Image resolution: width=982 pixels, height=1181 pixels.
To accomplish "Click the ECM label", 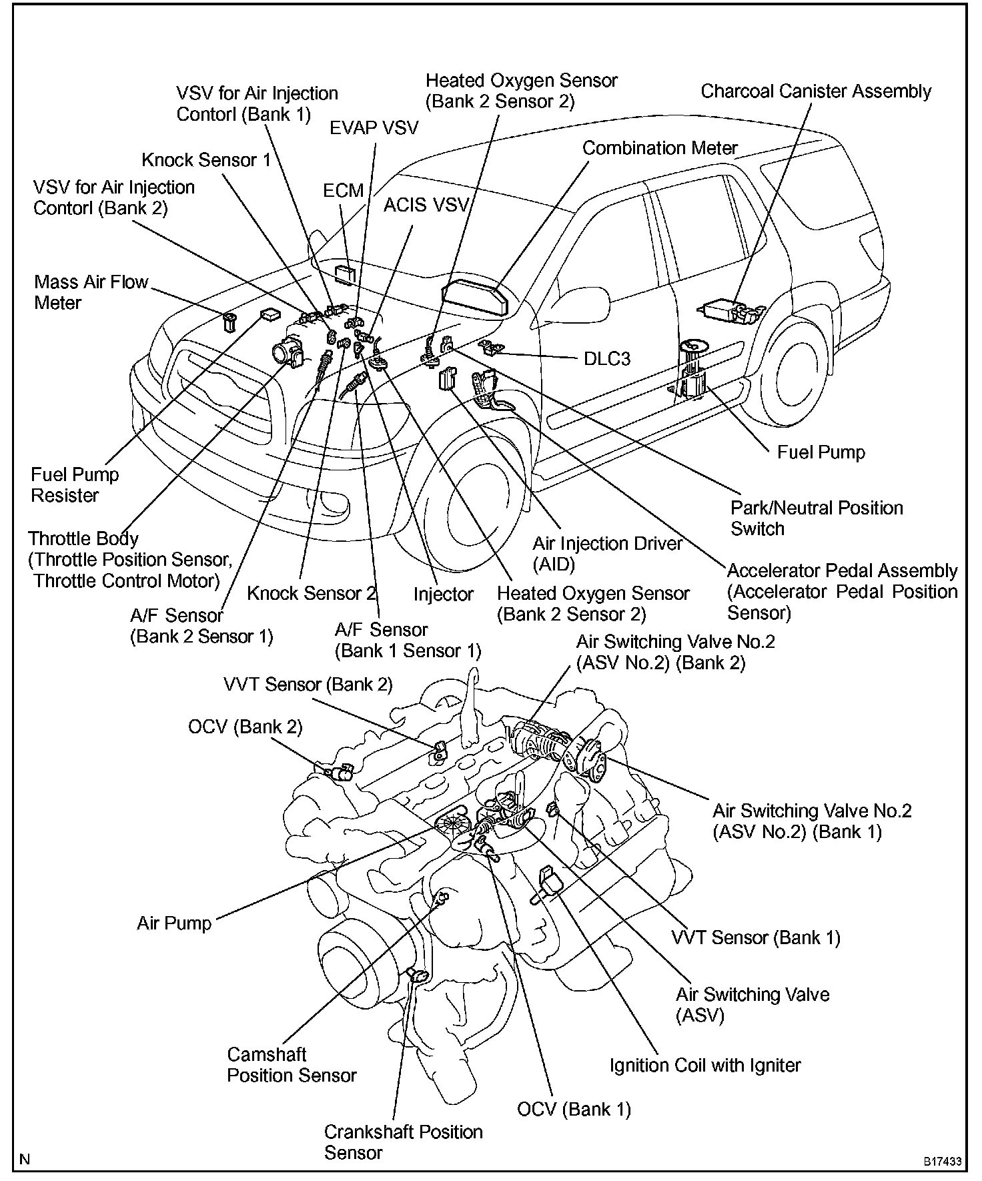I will [x=344, y=191].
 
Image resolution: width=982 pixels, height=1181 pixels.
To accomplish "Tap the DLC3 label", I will [x=606, y=359].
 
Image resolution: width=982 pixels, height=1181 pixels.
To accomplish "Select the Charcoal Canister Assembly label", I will [x=815, y=91].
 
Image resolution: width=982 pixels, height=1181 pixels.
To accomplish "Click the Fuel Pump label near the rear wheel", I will [x=821, y=452].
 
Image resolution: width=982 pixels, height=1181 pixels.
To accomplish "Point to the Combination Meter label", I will [x=660, y=148].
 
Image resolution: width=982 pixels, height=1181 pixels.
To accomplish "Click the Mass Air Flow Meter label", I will [x=91, y=292].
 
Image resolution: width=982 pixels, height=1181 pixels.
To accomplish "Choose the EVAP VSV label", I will [x=374, y=128].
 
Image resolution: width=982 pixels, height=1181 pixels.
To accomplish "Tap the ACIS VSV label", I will [x=426, y=205].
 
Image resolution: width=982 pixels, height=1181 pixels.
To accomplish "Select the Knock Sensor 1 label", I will [x=206, y=160].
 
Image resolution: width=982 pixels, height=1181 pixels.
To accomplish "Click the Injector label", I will [x=443, y=594].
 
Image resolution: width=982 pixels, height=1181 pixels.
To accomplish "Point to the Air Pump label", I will [x=174, y=923].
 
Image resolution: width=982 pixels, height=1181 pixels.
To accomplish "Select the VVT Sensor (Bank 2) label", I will [x=308, y=684].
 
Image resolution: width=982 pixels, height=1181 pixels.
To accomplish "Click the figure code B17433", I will [x=943, y=1162].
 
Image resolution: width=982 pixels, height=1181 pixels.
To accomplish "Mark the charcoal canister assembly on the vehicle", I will [x=726, y=310].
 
